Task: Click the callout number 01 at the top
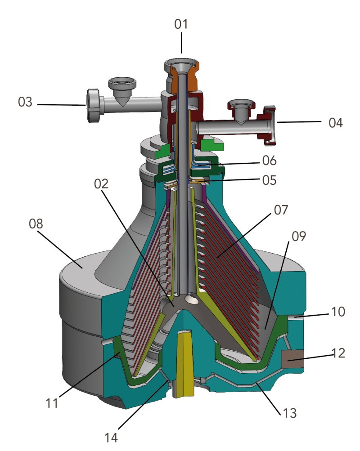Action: coord(181,24)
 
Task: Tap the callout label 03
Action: coord(26,102)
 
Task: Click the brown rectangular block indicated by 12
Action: coord(293,358)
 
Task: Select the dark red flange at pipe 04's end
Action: coord(269,126)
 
